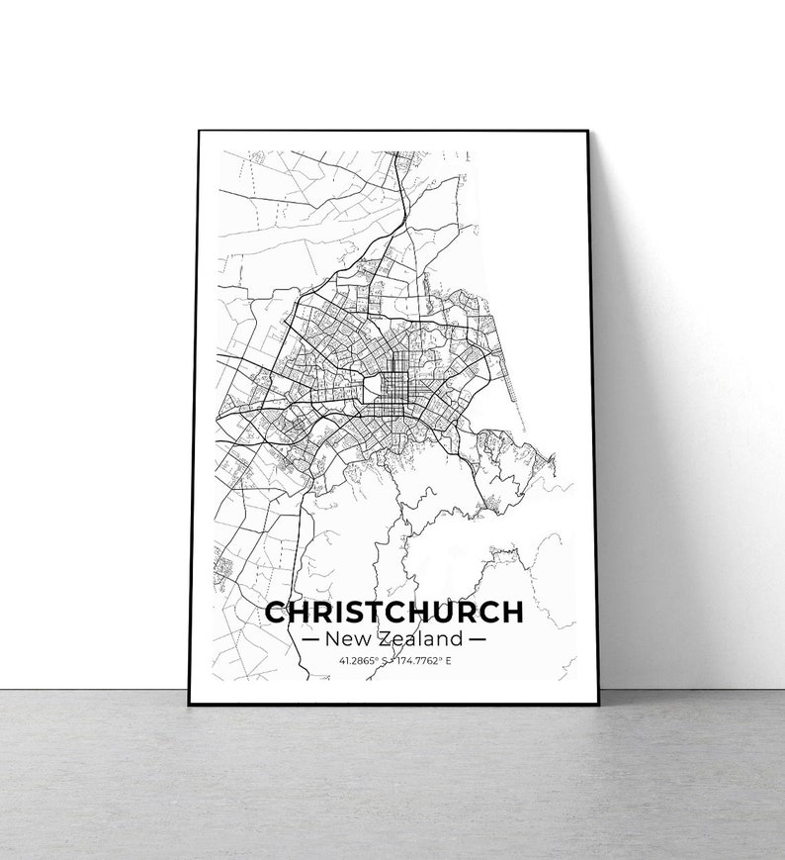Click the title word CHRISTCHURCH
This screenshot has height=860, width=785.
click(x=393, y=612)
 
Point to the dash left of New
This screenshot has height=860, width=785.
click(x=309, y=638)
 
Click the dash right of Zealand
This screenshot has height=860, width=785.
click(x=478, y=638)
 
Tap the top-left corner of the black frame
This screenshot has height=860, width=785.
click(x=198, y=131)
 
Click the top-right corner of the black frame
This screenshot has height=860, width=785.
click(x=587, y=132)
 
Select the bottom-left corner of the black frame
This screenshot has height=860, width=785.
click(x=189, y=703)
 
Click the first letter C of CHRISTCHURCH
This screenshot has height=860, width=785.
click(x=278, y=612)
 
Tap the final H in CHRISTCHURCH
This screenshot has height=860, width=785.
click(x=511, y=612)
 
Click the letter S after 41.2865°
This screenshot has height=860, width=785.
click(x=383, y=659)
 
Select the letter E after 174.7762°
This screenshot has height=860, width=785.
click(x=447, y=659)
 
